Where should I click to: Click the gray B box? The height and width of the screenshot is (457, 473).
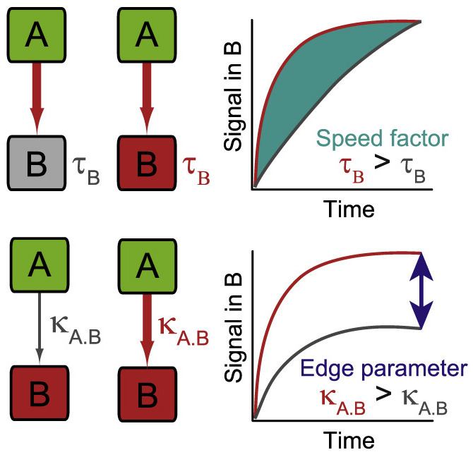pos(37,163)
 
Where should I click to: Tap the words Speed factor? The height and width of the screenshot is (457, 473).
pos(382,138)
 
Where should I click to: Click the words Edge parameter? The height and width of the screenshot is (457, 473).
pos(384,368)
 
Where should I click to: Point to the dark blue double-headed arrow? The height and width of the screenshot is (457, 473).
pos(421,291)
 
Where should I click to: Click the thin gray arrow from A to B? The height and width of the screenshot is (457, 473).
pos(40,329)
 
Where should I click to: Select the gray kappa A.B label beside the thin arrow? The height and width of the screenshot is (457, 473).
pos(76,329)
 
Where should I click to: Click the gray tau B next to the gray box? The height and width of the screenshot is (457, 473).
pos(86,170)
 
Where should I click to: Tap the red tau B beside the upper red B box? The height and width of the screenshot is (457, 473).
pos(196,170)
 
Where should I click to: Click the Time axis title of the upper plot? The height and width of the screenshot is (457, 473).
pos(349,209)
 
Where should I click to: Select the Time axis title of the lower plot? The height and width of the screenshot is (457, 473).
pos(349,440)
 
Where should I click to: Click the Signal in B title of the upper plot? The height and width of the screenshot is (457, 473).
pos(233,97)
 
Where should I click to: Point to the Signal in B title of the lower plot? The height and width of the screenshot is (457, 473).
pos(233,328)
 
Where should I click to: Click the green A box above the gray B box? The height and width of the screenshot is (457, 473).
pos(37,35)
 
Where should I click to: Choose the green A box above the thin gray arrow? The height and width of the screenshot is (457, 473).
pos(40,264)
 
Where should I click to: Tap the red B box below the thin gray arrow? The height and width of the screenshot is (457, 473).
pos(40,393)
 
